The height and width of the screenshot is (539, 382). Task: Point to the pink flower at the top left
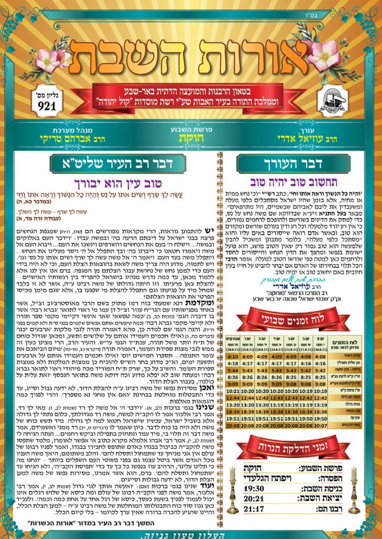point(52,55)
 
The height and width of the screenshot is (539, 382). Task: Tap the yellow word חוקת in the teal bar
point(191,139)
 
